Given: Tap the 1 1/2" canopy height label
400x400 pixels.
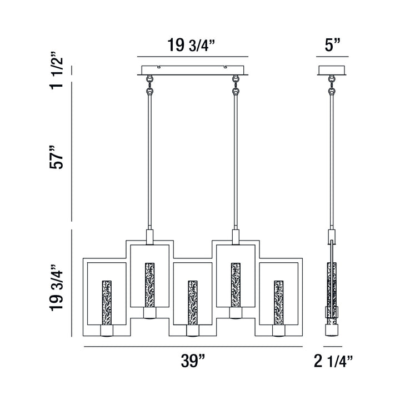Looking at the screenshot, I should click(57, 72).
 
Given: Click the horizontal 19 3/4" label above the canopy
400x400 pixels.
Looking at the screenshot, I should click(192, 45).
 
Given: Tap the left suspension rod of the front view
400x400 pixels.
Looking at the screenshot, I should click(149, 161).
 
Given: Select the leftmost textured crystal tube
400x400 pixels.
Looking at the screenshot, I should click(106, 303).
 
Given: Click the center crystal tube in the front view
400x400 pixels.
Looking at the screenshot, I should click(192, 303).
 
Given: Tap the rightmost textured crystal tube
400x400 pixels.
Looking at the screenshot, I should click(277, 303).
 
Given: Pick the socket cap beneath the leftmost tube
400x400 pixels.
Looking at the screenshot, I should click(106, 331).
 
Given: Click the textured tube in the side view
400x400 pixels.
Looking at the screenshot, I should click(332, 289).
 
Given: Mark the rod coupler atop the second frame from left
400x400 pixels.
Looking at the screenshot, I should click(149, 236).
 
